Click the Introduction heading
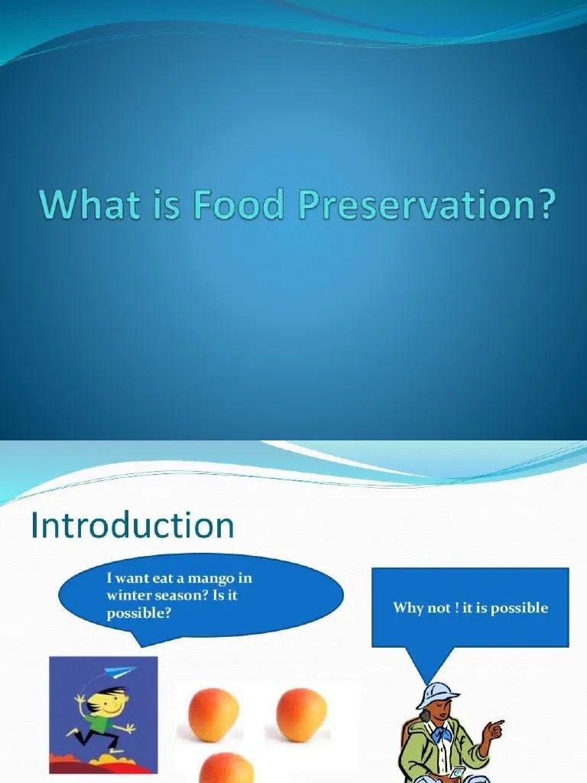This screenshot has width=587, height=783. pyautogui.click(x=132, y=526)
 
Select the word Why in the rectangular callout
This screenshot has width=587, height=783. pyautogui.click(x=407, y=608)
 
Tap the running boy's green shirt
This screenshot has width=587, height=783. pyautogui.click(x=99, y=723)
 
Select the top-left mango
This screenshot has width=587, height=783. pyautogui.click(x=213, y=714)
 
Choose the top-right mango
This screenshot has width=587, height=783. pyautogui.click(x=301, y=714)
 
